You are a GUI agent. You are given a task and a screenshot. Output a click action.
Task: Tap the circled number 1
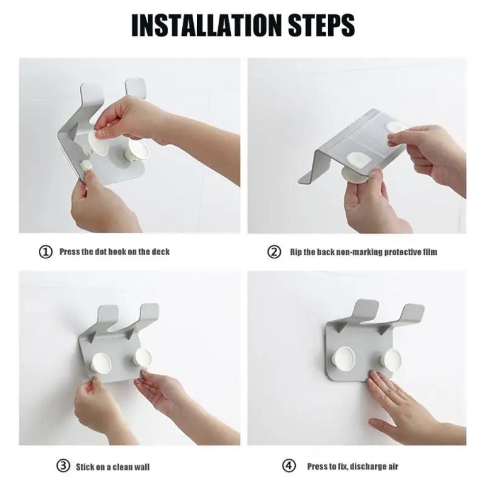(46, 252)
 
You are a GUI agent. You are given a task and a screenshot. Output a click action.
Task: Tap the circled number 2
(275, 252)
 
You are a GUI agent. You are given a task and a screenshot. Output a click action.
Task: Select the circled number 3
(63, 466)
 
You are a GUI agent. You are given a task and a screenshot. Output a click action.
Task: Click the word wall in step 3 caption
(140, 467)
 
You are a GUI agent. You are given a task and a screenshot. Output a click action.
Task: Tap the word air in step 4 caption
(391, 466)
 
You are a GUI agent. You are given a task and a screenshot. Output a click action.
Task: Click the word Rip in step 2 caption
(296, 252)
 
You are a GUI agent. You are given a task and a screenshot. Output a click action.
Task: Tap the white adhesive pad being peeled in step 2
(397, 129)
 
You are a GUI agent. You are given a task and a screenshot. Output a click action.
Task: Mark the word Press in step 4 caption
(318, 466)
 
